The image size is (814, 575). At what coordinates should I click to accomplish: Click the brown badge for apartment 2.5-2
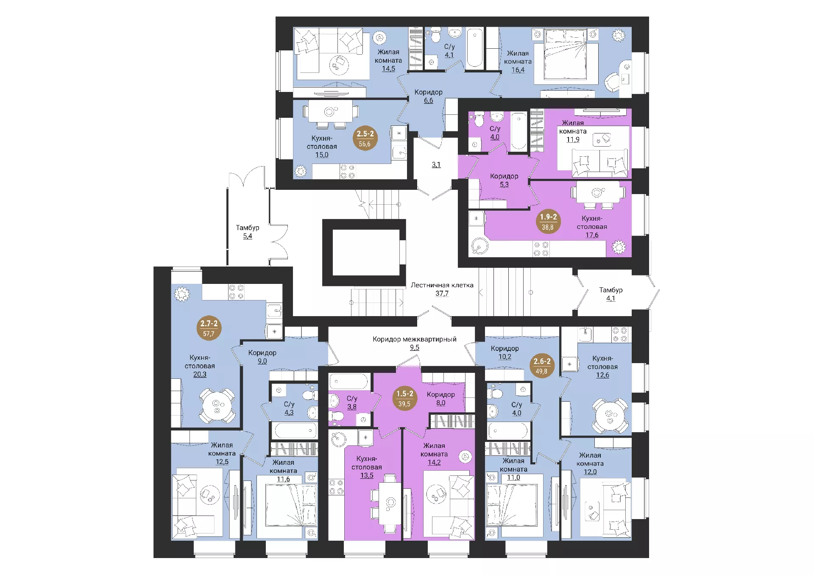365,139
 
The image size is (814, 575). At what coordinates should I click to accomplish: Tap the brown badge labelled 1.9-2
548,222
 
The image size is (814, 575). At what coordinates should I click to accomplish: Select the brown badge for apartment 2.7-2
209,328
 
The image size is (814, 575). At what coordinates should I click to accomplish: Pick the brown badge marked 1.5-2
405,399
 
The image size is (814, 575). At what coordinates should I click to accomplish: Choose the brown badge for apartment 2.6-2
542,366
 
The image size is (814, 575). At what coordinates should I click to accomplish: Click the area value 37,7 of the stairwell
442,293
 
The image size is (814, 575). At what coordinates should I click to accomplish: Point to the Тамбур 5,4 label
248,232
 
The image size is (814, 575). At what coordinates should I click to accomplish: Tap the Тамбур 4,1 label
610,294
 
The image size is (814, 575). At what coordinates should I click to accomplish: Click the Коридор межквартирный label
415,339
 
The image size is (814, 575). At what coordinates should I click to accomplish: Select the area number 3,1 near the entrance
436,165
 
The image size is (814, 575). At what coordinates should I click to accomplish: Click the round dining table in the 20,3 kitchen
217,405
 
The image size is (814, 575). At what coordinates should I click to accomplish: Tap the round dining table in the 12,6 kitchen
610,414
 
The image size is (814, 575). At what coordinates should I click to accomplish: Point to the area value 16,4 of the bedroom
518,70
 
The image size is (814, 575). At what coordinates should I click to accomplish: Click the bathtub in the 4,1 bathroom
474,48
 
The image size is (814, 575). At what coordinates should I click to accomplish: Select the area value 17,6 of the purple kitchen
592,235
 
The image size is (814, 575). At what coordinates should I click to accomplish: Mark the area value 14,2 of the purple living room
434,462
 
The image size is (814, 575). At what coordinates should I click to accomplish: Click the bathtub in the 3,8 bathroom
348,381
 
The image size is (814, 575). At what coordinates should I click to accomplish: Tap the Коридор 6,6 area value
429,100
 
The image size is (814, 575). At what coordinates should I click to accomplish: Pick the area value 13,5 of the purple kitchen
367,475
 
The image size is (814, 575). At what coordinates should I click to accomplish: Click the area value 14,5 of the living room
388,69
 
